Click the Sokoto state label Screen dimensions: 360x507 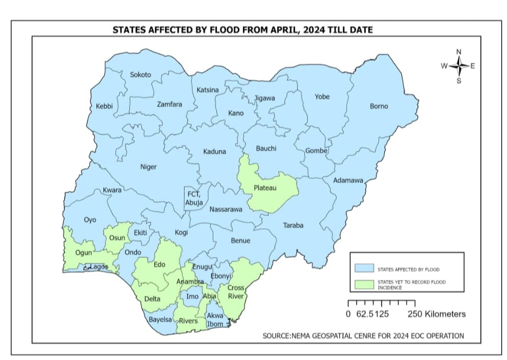coord(140,75)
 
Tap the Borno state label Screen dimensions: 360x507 coord(379,106)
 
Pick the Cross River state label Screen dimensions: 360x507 coord(236,292)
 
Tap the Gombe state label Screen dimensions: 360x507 coord(316,151)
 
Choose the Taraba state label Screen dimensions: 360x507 coord(293,225)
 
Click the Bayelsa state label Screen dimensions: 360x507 coord(160,319)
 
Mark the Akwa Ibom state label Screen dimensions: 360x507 coord(215,320)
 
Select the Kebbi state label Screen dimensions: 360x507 coord(104,106)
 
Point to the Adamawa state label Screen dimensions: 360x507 coord(348,181)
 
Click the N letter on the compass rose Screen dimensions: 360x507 coord(459,52)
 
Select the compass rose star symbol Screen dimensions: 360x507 coord(459,66)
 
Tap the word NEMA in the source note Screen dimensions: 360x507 coord(301,336)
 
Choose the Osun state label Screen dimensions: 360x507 coord(117,238)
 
